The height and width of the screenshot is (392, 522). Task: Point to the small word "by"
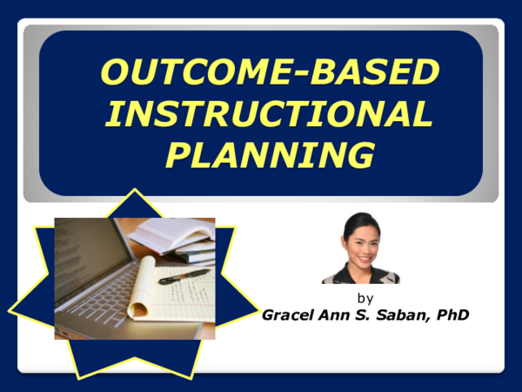click(365, 298)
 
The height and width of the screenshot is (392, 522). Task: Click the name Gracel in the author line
click(292, 314)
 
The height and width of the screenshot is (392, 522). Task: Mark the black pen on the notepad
click(183, 277)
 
